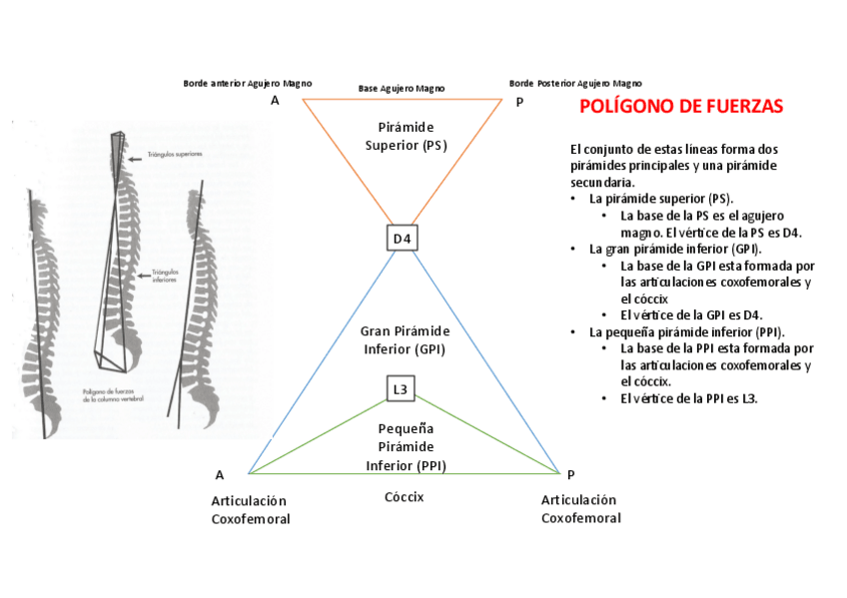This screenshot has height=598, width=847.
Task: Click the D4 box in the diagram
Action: pyautogui.click(x=402, y=239)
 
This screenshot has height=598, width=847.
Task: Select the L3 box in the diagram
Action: pyautogui.click(x=401, y=389)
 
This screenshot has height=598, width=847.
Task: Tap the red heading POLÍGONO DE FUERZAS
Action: pyautogui.click(x=681, y=107)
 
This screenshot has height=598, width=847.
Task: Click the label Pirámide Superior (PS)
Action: pyautogui.click(x=406, y=137)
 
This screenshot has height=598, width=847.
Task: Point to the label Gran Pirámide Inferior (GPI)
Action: pyautogui.click(x=405, y=340)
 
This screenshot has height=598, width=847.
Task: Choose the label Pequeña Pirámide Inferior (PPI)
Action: pyautogui.click(x=406, y=446)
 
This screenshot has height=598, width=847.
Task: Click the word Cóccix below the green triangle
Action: pyautogui.click(x=405, y=496)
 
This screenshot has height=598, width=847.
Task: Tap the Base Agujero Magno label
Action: pyautogui.click(x=402, y=89)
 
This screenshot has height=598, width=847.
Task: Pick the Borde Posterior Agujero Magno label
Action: pyautogui.click(x=575, y=83)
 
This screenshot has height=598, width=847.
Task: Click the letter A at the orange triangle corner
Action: pyautogui.click(x=275, y=102)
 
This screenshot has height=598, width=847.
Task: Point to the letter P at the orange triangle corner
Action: pyautogui.click(x=519, y=102)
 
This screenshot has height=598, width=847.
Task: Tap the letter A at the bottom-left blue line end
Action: pyautogui.click(x=220, y=475)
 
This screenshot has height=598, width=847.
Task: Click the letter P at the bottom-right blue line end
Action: pyautogui.click(x=570, y=475)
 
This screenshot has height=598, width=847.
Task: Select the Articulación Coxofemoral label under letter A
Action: pyautogui.click(x=250, y=509)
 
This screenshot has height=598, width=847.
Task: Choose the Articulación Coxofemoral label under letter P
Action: pyautogui.click(x=580, y=509)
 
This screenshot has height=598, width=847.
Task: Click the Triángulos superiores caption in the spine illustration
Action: pyautogui.click(x=176, y=155)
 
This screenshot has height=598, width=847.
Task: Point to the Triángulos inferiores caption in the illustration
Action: pyautogui.click(x=166, y=277)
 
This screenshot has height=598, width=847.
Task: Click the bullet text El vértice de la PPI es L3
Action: pyautogui.click(x=689, y=398)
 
